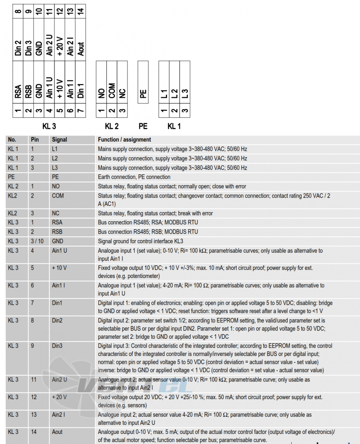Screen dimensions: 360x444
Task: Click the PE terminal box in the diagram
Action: point(143,82)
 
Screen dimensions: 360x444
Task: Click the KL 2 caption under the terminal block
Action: point(112,126)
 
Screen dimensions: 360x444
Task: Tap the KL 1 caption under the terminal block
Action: point(174,126)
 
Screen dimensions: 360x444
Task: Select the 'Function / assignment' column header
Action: point(124,140)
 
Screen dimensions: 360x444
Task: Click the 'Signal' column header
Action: point(60,140)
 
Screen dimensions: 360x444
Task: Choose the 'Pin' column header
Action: point(35,140)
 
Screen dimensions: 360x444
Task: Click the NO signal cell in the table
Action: point(56,186)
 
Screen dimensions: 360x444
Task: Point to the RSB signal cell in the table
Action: point(57,232)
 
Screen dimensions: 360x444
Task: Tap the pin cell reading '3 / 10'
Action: point(37,241)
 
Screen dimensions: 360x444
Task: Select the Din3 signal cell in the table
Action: point(57,346)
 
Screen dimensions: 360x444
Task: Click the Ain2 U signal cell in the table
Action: point(60,380)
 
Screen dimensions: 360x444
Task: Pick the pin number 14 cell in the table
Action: point(34,432)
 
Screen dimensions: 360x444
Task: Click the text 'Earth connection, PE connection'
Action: point(134,177)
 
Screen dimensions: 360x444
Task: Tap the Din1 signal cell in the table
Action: point(57,303)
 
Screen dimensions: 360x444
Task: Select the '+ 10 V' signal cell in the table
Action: point(60,268)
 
